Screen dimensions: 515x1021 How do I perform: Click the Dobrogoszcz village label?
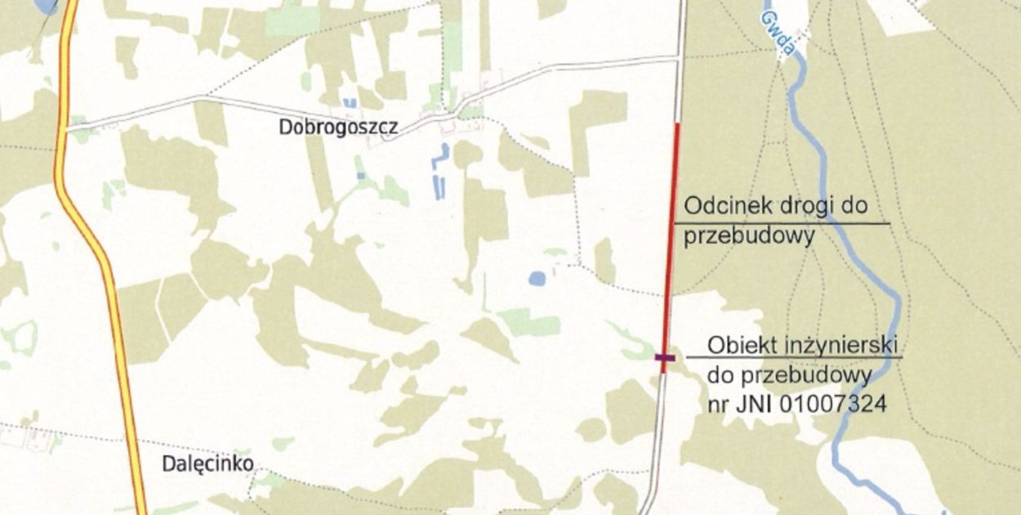pos(338,127)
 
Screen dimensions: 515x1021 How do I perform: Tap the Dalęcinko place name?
pos(207,464)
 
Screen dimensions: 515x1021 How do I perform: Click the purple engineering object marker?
pos(664,358)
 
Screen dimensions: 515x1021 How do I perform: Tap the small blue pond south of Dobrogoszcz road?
pos(537,279)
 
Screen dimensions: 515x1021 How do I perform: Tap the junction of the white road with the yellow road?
pos(64,128)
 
